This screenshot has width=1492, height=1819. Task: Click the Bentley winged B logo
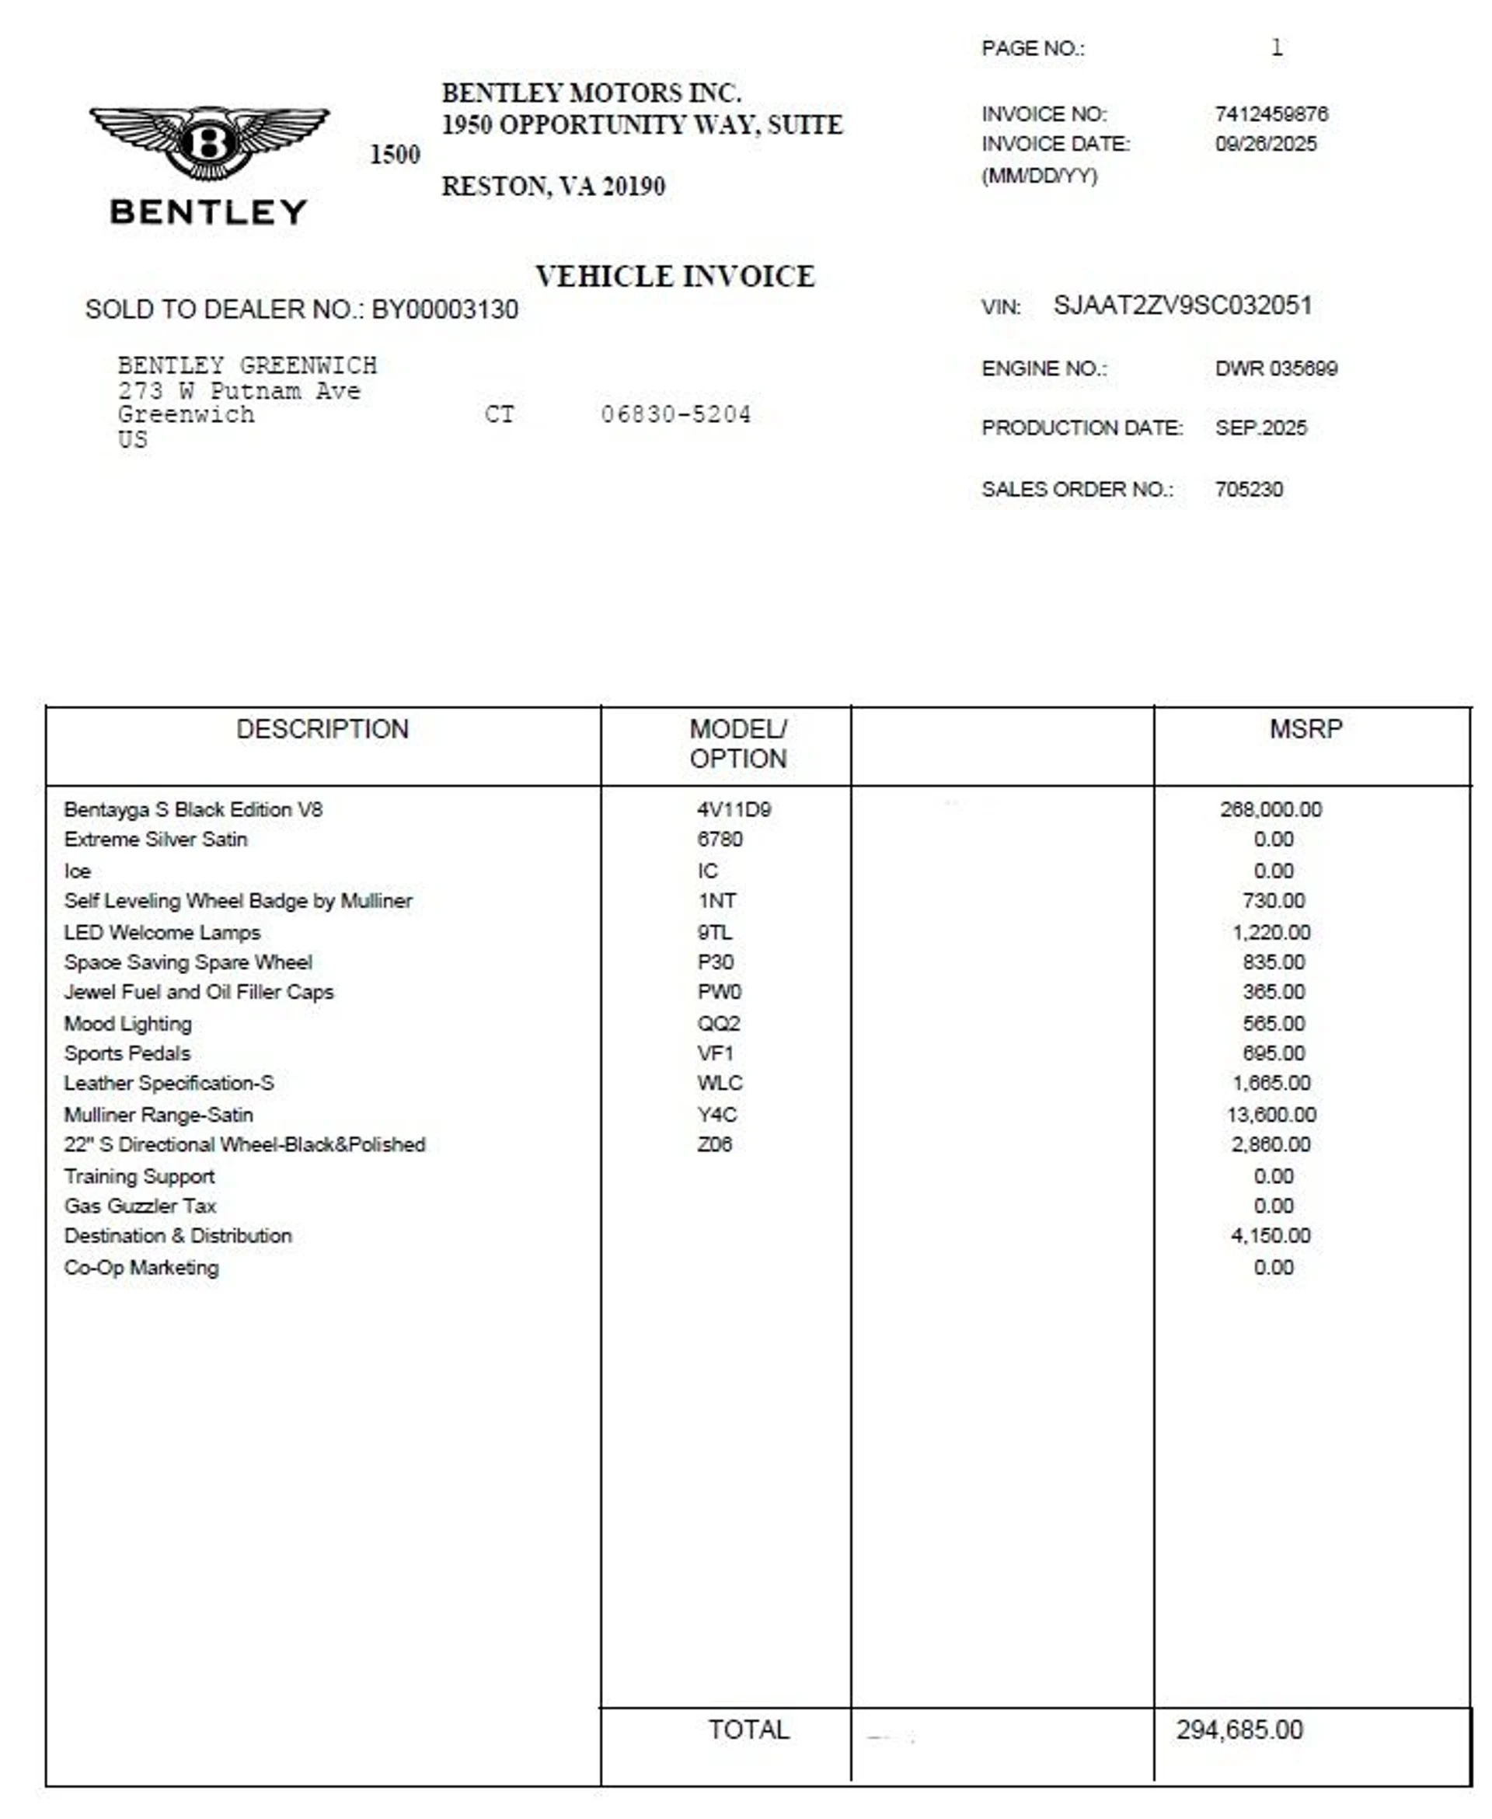tap(209, 141)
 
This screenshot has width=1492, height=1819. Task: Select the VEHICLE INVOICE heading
tap(675, 277)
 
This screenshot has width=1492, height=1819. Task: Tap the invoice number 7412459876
tap(1271, 113)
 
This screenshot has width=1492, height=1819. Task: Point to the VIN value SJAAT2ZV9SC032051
tap(1183, 306)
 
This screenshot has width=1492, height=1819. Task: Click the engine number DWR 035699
tap(1275, 368)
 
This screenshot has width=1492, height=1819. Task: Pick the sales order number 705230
tap(1248, 489)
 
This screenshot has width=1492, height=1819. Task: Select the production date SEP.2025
tap(1260, 428)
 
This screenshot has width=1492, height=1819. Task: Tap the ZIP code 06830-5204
tap(675, 414)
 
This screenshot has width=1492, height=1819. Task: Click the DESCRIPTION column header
tap(322, 729)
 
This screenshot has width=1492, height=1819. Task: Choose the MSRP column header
tap(1305, 729)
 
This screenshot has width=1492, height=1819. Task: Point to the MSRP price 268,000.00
tap(1271, 809)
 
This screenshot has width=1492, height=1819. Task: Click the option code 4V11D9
tap(733, 809)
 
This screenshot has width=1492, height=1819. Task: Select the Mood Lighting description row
tap(128, 1023)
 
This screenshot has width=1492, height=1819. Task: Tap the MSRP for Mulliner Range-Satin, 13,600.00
tap(1271, 1114)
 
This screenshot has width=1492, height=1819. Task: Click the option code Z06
tap(714, 1144)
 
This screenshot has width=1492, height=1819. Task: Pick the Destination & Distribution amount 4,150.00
tap(1271, 1235)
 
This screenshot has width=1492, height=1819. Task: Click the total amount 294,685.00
tap(1239, 1729)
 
